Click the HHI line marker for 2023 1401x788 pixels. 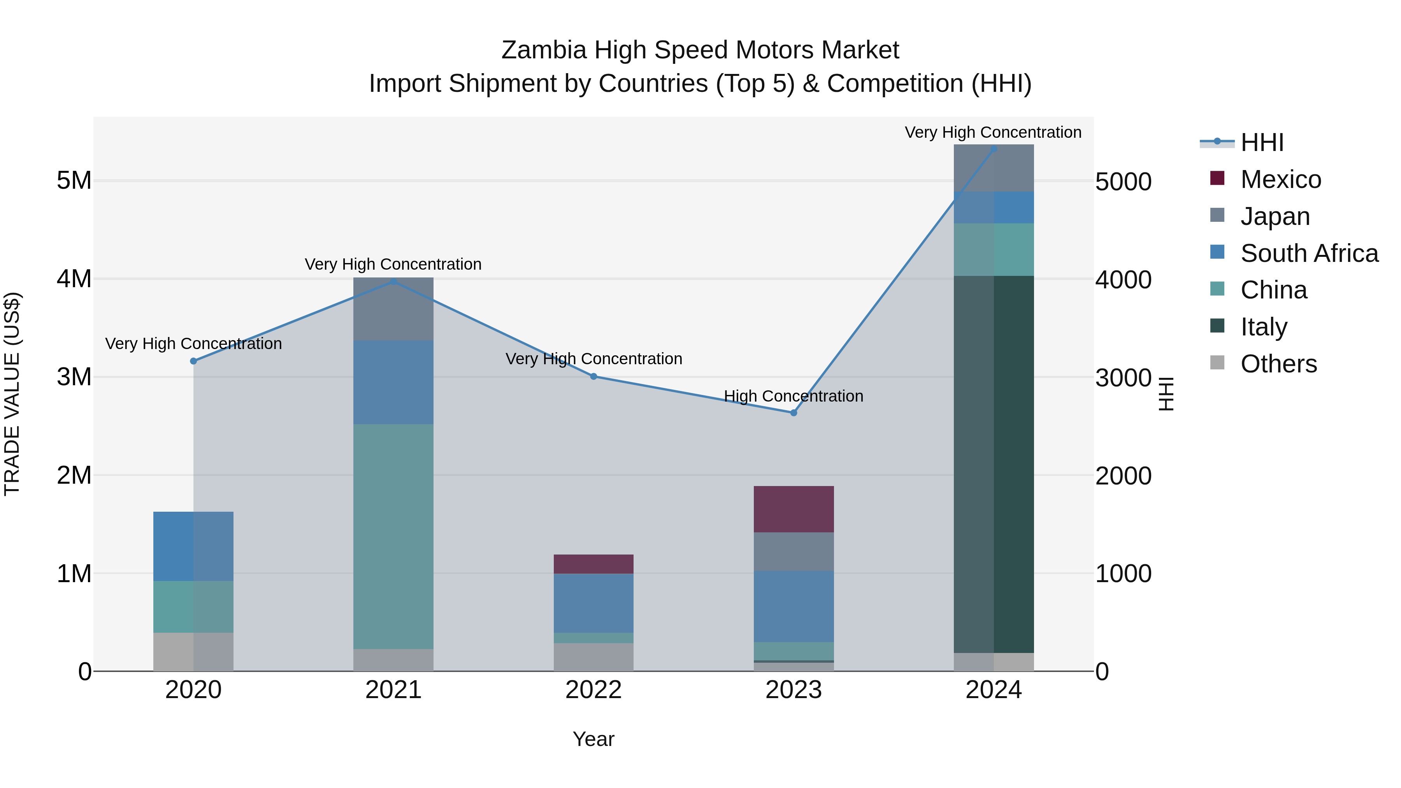pyautogui.click(x=794, y=413)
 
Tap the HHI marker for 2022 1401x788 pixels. pyautogui.click(x=593, y=376)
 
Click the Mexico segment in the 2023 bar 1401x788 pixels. pyautogui.click(x=794, y=509)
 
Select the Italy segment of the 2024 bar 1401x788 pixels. pyautogui.click(x=994, y=464)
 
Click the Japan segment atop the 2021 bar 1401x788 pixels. pyautogui.click(x=393, y=309)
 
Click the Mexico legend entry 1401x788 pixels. pyautogui.click(x=1280, y=179)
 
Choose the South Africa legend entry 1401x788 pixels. pyautogui.click(x=1309, y=253)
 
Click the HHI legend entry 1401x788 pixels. pyautogui.click(x=1262, y=142)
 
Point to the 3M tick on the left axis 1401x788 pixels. pyautogui.click(x=74, y=377)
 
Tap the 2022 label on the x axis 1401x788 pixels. pyautogui.click(x=593, y=690)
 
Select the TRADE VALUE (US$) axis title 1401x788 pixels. pyautogui.click(x=12, y=394)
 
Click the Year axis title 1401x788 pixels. pyautogui.click(x=593, y=739)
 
